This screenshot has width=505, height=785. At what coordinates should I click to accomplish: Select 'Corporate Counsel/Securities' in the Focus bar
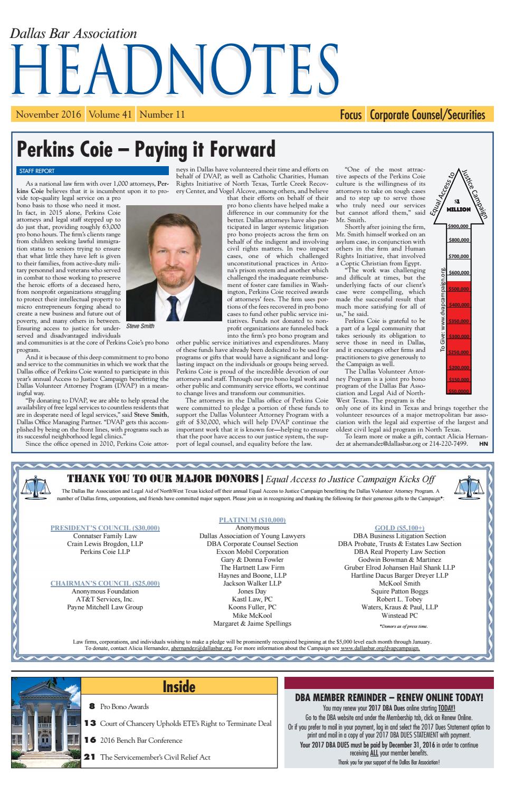click(x=427, y=114)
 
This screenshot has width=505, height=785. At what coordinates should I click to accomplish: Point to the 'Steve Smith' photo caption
click(x=140, y=327)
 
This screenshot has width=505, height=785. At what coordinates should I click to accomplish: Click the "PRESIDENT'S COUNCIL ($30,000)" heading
click(x=105, y=528)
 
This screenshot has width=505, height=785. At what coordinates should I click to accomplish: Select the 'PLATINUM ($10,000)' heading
click(x=252, y=520)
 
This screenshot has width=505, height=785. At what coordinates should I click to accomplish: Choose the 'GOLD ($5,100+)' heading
click(x=399, y=528)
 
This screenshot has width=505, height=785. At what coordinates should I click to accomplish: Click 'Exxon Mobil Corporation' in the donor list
click(x=252, y=551)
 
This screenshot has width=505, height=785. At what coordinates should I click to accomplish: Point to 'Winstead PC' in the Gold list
click(x=399, y=615)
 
